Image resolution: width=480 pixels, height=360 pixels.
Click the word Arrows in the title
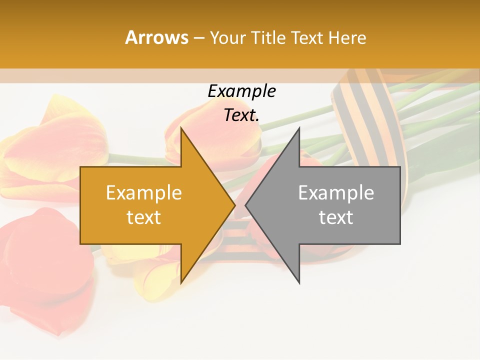click(x=156, y=37)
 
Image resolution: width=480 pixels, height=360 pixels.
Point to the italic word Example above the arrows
click(x=241, y=91)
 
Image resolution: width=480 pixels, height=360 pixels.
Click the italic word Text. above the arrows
click(x=241, y=115)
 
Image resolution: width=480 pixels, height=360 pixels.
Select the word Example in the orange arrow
click(x=143, y=193)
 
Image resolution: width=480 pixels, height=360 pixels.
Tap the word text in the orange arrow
click(x=143, y=217)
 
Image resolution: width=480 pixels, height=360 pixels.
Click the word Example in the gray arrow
click(x=336, y=193)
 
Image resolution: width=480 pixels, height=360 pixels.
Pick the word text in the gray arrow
click(x=336, y=217)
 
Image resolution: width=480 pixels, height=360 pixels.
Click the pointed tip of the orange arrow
click(x=234, y=205)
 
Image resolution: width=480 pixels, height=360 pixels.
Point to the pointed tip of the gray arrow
click(x=246, y=205)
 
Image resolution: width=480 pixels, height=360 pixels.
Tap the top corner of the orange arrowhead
click(x=181, y=128)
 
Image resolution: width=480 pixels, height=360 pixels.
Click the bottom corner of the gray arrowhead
click(x=299, y=283)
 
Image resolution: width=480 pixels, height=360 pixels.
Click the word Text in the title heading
click(x=307, y=38)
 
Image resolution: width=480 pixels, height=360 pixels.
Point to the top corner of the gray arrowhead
click(x=299, y=128)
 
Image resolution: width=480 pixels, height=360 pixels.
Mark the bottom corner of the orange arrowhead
click(x=181, y=283)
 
